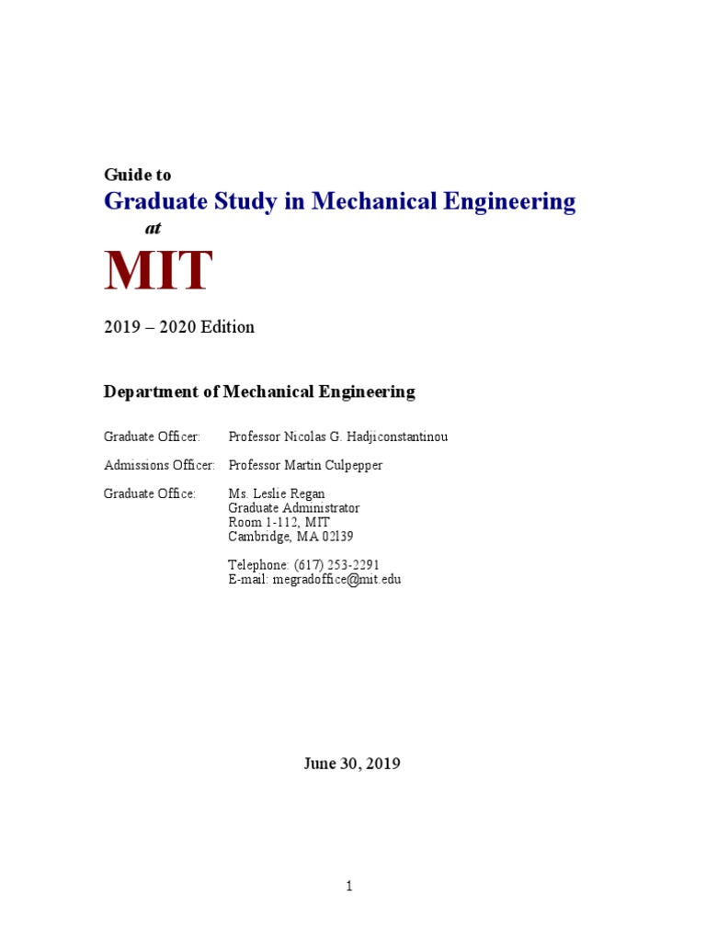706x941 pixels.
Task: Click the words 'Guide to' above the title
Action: pyautogui.click(x=137, y=175)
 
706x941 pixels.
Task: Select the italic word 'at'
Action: pyautogui.click(x=153, y=229)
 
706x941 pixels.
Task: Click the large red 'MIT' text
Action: pyautogui.click(x=158, y=271)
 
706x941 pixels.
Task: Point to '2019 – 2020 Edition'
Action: pyautogui.click(x=179, y=327)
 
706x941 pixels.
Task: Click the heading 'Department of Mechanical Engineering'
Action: pyautogui.click(x=259, y=392)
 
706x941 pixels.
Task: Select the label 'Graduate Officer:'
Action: pyautogui.click(x=152, y=437)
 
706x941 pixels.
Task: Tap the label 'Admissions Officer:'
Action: pyautogui.click(x=159, y=466)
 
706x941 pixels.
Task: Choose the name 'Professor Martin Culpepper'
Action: pyautogui.click(x=305, y=466)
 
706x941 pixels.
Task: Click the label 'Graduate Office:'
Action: pyautogui.click(x=150, y=494)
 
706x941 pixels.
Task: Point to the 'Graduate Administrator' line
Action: pyautogui.click(x=294, y=508)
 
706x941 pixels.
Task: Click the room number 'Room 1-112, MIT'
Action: pyautogui.click(x=279, y=522)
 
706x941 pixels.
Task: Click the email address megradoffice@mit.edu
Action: pyautogui.click(x=336, y=579)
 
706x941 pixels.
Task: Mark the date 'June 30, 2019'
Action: pyautogui.click(x=352, y=764)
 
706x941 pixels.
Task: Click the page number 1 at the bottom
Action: pyautogui.click(x=349, y=887)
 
